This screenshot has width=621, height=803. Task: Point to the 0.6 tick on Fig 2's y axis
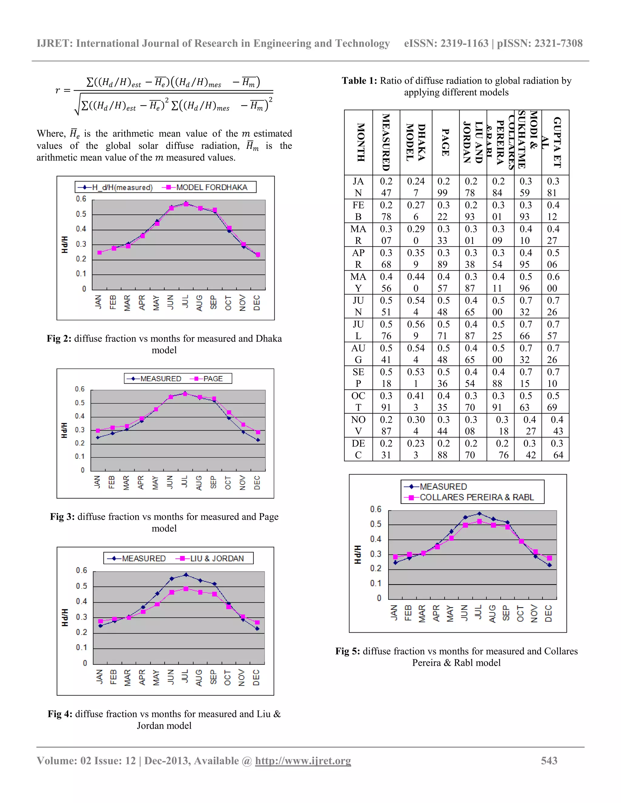(81, 199)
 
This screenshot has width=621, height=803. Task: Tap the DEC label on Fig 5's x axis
(549, 613)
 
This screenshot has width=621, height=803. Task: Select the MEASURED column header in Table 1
(386, 142)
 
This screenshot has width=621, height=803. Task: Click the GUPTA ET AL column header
(555, 142)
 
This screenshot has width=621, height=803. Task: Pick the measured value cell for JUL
(386, 330)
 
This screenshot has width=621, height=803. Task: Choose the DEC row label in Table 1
(358, 449)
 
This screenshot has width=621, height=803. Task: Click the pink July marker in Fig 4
(186, 589)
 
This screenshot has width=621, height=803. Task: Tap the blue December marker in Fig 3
(258, 440)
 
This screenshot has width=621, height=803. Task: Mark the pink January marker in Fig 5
(395, 557)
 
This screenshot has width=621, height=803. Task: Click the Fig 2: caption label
(59, 339)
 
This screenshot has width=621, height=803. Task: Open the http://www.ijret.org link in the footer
(303, 760)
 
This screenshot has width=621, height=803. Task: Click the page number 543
(549, 760)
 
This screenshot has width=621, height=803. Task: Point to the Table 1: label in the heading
(359, 81)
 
